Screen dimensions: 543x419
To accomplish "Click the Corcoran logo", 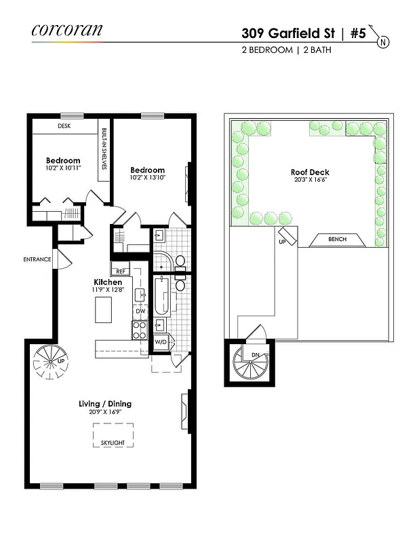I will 67,30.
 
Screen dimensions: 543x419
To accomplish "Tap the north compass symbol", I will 383,41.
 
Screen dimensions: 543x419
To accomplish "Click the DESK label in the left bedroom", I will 64,126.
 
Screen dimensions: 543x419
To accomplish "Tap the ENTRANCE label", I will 37,259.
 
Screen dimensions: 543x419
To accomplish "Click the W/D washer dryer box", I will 161,342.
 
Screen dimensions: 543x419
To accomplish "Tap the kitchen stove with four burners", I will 139,331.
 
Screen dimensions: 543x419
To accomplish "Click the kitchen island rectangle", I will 103,310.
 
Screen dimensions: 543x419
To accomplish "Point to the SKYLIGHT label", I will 113,443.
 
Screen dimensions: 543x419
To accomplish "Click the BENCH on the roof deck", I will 337,240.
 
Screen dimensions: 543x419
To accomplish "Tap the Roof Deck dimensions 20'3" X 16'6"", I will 310,181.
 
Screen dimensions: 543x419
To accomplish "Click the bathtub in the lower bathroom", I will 161,297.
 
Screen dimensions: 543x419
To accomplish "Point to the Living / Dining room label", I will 104,404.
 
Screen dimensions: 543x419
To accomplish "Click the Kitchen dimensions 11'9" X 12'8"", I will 107,290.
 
